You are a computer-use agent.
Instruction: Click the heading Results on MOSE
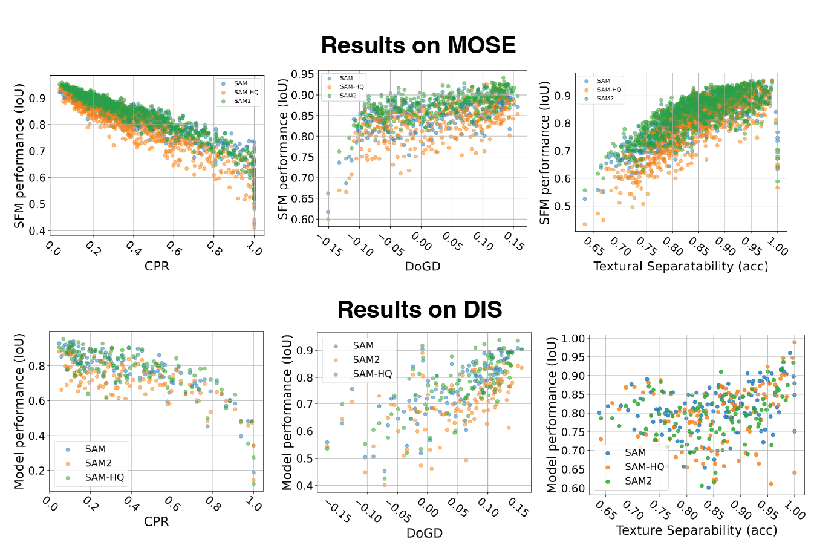coord(418,45)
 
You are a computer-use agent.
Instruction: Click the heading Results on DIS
coord(420,309)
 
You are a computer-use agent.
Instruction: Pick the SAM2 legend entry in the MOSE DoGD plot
coord(348,96)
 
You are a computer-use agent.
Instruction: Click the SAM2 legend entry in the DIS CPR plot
coord(98,463)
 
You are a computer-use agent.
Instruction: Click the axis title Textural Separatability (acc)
coord(680,266)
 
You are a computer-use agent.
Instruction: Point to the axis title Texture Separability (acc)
coord(696,530)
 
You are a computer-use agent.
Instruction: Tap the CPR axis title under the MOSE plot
coord(157,266)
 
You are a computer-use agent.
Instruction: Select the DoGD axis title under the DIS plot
coord(424,533)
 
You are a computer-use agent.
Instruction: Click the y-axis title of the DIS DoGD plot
coord(287,411)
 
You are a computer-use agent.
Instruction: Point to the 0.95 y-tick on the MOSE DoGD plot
coord(302,74)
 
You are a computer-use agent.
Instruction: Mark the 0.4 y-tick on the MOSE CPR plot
coord(37,231)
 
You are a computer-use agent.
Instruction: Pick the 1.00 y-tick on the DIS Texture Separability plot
coord(573,339)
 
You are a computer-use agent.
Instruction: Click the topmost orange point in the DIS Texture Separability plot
coord(794,342)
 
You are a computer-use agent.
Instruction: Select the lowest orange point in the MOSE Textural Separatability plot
coord(585,224)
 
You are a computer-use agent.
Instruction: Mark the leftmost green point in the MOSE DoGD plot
coord(328,194)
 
